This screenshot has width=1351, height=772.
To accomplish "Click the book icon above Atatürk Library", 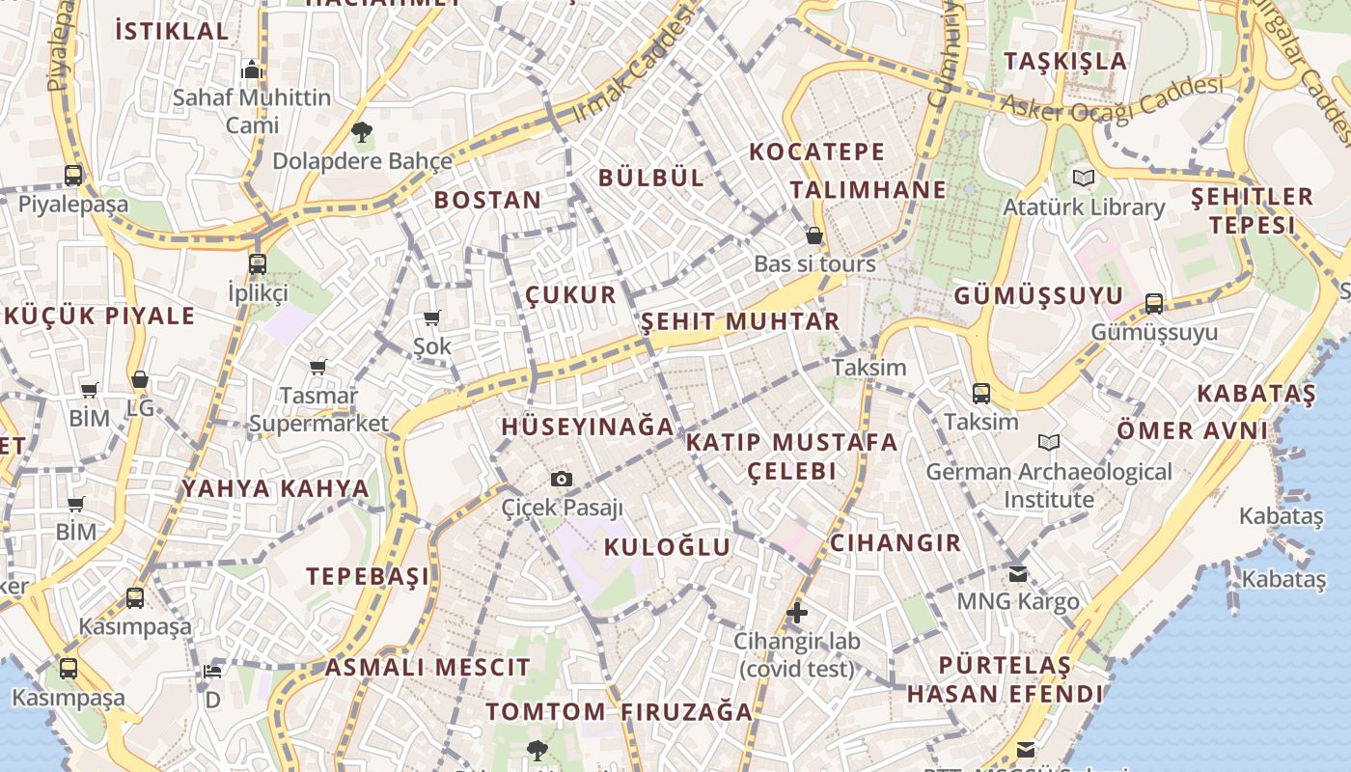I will tap(1084, 179).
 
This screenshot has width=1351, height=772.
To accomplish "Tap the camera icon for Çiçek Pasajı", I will tap(562, 479).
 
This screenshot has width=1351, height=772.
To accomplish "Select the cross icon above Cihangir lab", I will tap(797, 612).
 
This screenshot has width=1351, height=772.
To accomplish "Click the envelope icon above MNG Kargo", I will tap(1018, 573).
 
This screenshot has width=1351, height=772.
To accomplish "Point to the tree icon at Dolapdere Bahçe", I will tap(362, 132).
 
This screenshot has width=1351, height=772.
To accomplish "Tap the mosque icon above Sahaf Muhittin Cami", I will tap(252, 69).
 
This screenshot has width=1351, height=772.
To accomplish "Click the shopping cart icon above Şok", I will tap(431, 317).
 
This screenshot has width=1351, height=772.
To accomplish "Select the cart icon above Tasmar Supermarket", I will tap(317, 367).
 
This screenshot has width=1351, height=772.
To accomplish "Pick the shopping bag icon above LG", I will tap(140, 380).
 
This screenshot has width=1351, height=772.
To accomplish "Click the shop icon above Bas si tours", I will tap(814, 235).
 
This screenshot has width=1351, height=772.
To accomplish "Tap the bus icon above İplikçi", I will tap(258, 263).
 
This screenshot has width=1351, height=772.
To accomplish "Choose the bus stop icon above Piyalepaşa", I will tap(73, 176).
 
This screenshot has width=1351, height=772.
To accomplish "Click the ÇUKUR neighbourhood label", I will tap(570, 294).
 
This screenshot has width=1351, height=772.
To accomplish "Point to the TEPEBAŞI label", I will tap(368, 576).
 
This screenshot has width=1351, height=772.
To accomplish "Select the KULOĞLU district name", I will tap(667, 546).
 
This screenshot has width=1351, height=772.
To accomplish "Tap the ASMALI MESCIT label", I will tap(427, 667).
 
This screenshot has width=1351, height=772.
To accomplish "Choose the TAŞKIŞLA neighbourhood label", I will tap(1065, 61).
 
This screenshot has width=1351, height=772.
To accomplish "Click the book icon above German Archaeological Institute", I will tap(1049, 442).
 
